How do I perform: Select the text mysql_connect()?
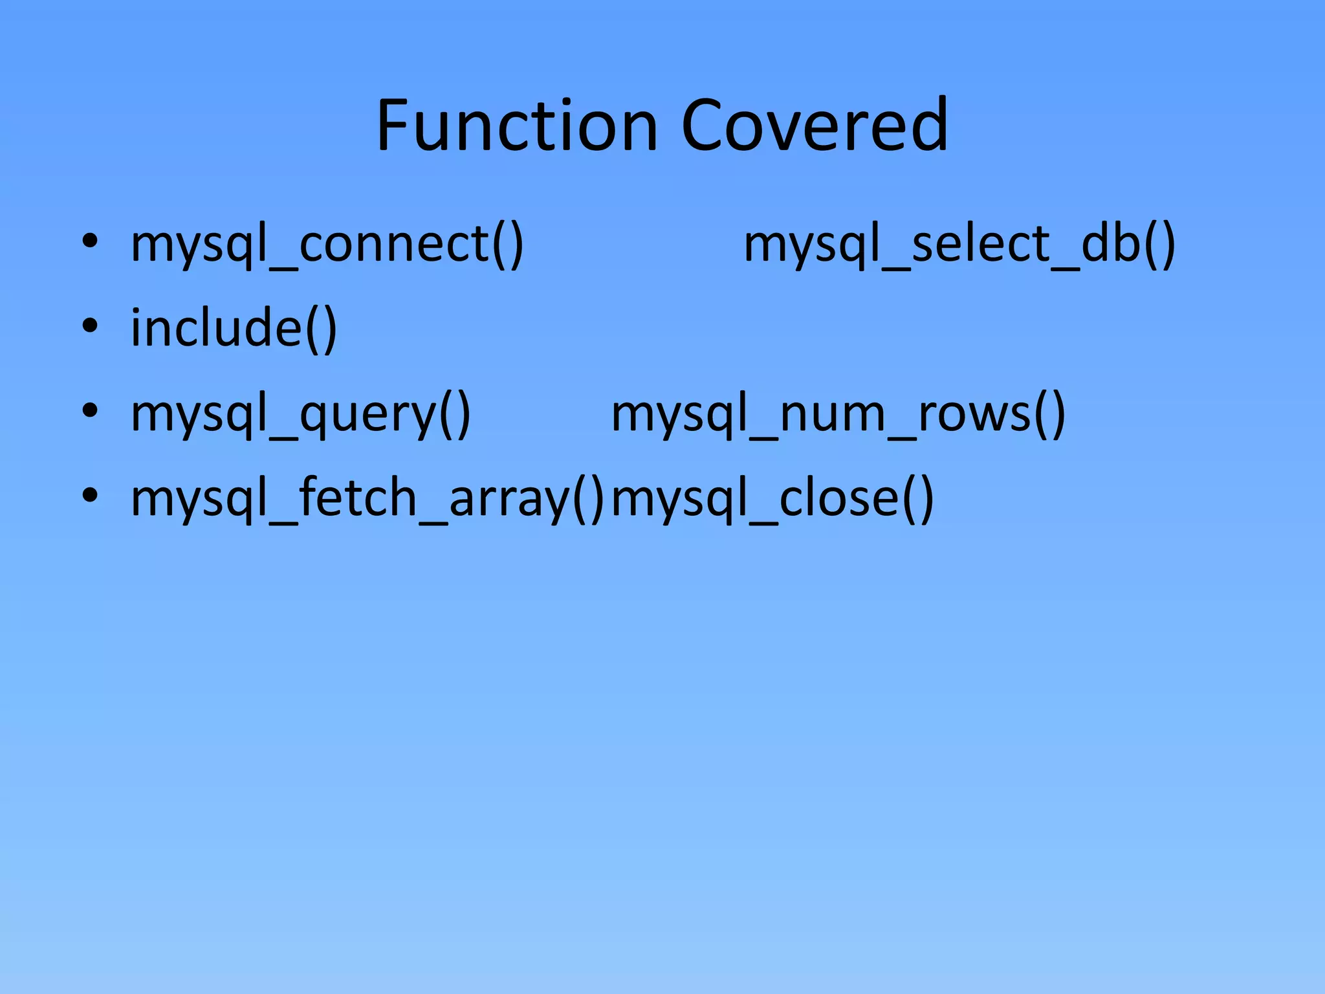click(327, 245)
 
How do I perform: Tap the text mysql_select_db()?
click(959, 245)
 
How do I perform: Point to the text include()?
click(234, 329)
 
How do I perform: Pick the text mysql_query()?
click(300, 414)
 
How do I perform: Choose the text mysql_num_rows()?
click(838, 414)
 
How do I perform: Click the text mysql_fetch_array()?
click(367, 498)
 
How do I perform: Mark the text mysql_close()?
click(772, 498)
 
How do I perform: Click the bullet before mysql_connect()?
click(90, 241)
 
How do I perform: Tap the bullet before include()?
click(90, 326)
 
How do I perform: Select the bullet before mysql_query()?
click(90, 410)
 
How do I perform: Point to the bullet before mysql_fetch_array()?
click(90, 495)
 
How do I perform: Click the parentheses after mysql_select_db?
click(1159, 245)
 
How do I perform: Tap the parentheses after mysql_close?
click(918, 498)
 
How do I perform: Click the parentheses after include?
click(321, 329)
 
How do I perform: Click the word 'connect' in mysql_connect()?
click(395, 245)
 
